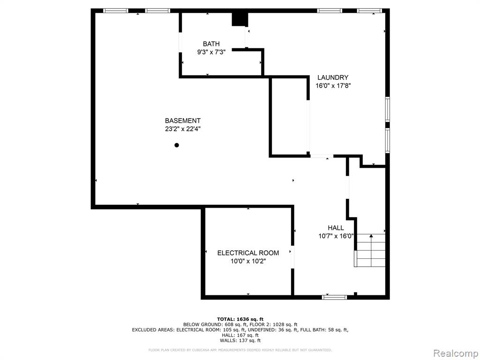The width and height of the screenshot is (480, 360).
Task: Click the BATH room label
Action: point(211,44)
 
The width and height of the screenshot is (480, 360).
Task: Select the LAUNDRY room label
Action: point(333,77)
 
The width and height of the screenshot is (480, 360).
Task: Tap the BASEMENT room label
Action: point(183,120)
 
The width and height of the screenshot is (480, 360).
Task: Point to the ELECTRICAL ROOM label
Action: point(248,253)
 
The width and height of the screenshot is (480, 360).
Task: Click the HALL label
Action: point(336,228)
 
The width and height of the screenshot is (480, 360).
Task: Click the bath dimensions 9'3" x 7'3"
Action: point(211,52)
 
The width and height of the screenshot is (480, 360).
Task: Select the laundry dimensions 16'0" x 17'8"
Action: point(333,86)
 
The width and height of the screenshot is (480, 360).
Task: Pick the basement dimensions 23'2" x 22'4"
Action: point(183,129)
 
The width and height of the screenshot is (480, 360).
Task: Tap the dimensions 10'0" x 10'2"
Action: point(248,261)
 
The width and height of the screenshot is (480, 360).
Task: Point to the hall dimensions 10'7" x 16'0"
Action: point(336,236)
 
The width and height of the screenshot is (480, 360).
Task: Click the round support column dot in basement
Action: point(177,145)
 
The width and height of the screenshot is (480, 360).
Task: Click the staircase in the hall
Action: point(370,250)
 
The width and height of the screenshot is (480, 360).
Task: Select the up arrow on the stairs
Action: point(371,236)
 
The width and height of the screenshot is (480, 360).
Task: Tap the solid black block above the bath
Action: point(240,19)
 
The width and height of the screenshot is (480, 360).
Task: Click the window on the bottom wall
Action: point(335,297)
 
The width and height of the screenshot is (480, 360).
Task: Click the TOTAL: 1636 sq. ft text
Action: point(240,319)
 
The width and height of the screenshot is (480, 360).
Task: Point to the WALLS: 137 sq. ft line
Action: point(240,340)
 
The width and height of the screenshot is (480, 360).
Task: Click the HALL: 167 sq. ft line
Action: point(240,335)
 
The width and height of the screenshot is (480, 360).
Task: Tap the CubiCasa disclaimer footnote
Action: point(240,350)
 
